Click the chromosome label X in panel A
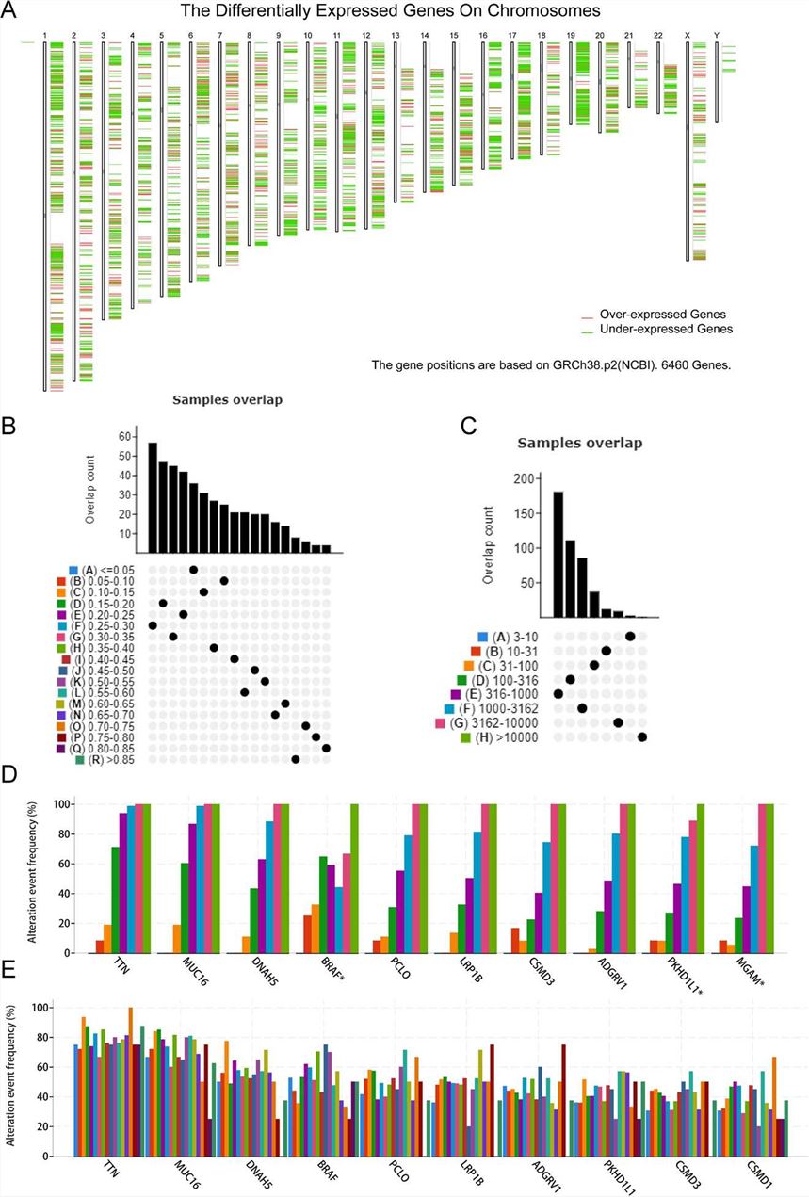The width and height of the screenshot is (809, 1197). click(688, 35)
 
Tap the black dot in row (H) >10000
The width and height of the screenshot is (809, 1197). click(642, 737)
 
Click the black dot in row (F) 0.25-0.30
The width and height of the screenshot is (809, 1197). click(153, 625)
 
